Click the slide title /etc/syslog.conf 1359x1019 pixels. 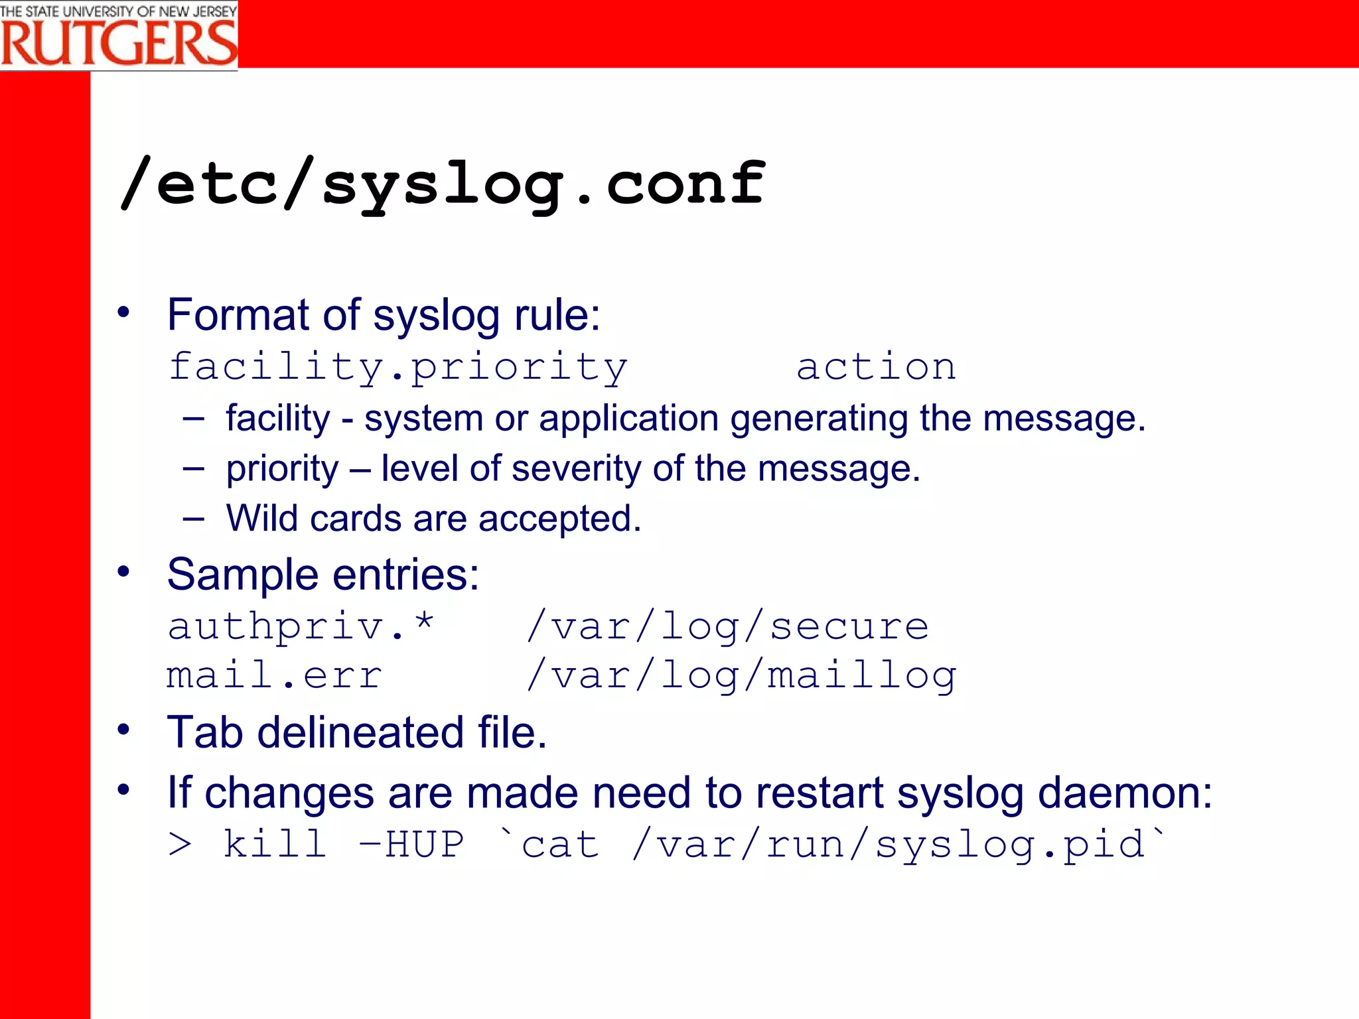[x=442, y=184]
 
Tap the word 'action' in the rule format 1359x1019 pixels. [x=876, y=367]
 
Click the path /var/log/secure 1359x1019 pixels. [x=727, y=626]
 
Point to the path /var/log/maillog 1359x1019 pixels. [x=741, y=677]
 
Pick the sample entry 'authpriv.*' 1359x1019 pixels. [x=301, y=626]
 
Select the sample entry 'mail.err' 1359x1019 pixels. [x=274, y=675]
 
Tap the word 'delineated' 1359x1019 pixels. [x=360, y=732]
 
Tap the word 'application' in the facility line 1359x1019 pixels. [x=628, y=419]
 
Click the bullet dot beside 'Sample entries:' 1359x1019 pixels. [x=123, y=571]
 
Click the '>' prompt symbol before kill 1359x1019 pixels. [x=180, y=845]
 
